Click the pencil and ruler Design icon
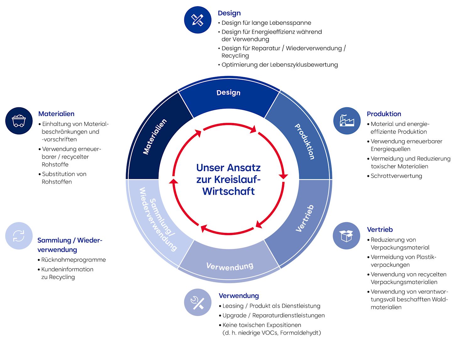[198, 20]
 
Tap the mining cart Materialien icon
[19, 121]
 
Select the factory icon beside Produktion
[347, 121]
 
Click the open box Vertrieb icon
[346, 236]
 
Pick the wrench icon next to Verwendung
[198, 302]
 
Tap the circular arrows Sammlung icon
[19, 236]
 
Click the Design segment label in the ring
[229, 93]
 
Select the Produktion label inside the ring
[304, 141]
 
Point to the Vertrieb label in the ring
[305, 218]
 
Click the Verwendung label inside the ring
[230, 266]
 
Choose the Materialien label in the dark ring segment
[154, 137]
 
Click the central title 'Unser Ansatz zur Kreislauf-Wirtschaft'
[229, 180]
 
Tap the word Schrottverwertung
[396, 176]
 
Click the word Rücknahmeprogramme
[73, 260]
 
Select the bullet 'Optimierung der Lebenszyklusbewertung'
[279, 65]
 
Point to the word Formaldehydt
[300, 333]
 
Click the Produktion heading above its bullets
[384, 114]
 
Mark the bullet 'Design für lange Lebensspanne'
[266, 23]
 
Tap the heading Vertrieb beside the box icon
[380, 229]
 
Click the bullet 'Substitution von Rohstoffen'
[64, 178]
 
